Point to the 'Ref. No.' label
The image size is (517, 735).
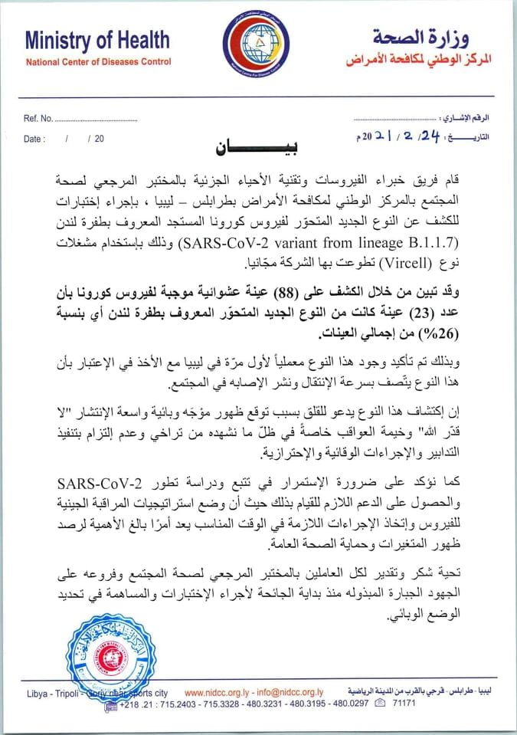(x=38, y=120)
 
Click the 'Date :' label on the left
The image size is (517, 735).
(x=35, y=139)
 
